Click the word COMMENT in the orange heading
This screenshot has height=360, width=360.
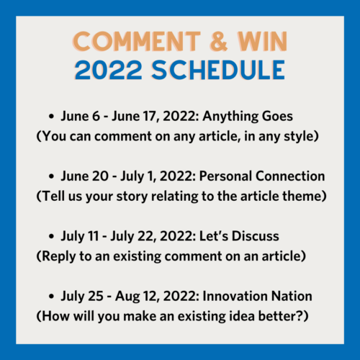click(137, 41)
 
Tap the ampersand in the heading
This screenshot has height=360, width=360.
click(218, 41)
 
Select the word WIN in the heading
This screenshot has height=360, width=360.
click(262, 41)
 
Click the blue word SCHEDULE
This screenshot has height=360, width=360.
click(218, 70)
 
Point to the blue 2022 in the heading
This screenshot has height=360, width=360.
click(108, 70)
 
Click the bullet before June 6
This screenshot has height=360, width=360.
click(51, 117)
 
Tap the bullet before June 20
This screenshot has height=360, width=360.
click(51, 176)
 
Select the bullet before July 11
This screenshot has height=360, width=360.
click(51, 236)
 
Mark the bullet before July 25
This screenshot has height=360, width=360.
click(51, 297)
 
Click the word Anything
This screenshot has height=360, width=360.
click(230, 117)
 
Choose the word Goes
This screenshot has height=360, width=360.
click(277, 116)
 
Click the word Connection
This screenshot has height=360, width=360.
click(290, 176)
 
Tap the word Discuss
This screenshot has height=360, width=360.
click(256, 236)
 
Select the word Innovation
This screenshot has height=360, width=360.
click(235, 296)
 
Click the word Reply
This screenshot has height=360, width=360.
click(58, 257)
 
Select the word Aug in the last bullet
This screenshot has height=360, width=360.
click(127, 297)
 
